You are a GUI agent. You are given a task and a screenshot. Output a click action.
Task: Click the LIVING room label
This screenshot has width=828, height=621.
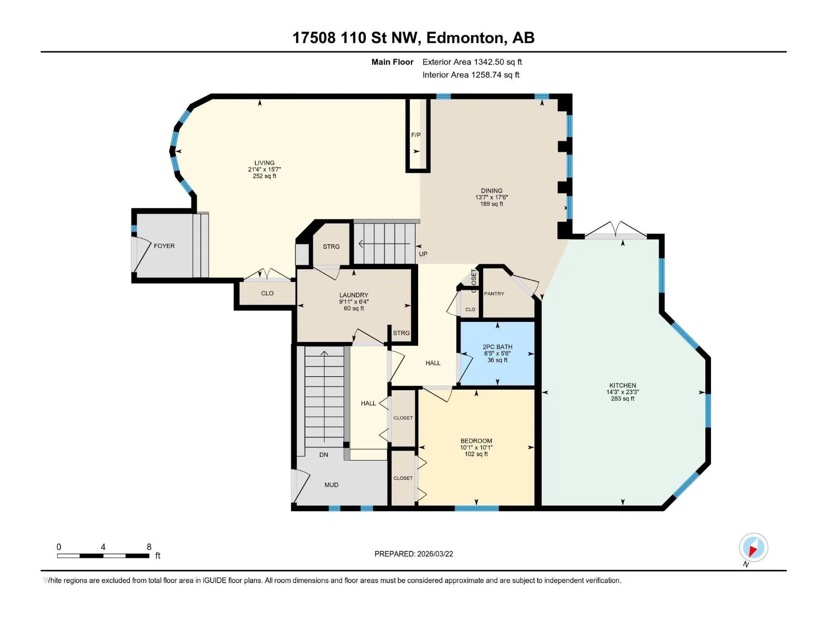pyautogui.click(x=264, y=163)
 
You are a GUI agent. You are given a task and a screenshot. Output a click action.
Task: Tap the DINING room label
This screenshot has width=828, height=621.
pyautogui.click(x=492, y=190)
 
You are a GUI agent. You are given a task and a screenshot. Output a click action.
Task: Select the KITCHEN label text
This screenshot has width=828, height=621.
pyautogui.click(x=623, y=386)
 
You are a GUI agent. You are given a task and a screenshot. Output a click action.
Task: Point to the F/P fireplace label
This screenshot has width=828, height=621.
pyautogui.click(x=416, y=135)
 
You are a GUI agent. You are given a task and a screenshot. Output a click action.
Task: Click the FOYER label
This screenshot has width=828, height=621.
pyautogui.click(x=164, y=246)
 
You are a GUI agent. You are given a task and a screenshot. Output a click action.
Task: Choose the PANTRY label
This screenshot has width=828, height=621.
pyautogui.click(x=494, y=293)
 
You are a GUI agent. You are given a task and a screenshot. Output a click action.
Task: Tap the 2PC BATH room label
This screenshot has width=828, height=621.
pyautogui.click(x=497, y=347)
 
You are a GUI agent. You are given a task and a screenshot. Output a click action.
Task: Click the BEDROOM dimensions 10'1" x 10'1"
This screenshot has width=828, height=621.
pyautogui.click(x=476, y=448)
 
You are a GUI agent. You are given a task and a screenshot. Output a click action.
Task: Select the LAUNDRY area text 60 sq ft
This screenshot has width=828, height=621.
pyautogui.click(x=354, y=308)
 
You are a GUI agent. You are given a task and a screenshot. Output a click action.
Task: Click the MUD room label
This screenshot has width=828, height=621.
pyautogui.click(x=331, y=485)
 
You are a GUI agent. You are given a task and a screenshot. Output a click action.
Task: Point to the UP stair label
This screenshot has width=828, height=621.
pyautogui.click(x=423, y=254)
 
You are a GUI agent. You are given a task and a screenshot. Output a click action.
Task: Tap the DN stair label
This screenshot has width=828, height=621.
pyautogui.click(x=323, y=455)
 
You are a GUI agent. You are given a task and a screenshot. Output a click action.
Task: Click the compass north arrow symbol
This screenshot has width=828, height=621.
pyautogui.click(x=753, y=548)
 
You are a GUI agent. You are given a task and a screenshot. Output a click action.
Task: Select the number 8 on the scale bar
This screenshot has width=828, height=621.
pyautogui.click(x=149, y=546)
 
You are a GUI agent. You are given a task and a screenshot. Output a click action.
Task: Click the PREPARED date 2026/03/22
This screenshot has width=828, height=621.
pyautogui.click(x=435, y=554)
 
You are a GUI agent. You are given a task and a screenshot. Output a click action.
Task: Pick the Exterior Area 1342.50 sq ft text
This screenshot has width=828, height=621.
pyautogui.click(x=472, y=62)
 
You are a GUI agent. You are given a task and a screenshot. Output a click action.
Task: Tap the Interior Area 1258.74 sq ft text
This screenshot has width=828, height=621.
pyautogui.click(x=471, y=75)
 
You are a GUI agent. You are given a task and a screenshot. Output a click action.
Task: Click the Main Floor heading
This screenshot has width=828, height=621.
pyautogui.click(x=392, y=62)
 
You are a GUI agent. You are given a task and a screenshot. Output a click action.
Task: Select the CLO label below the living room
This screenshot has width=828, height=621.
pyautogui.click(x=267, y=293)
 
